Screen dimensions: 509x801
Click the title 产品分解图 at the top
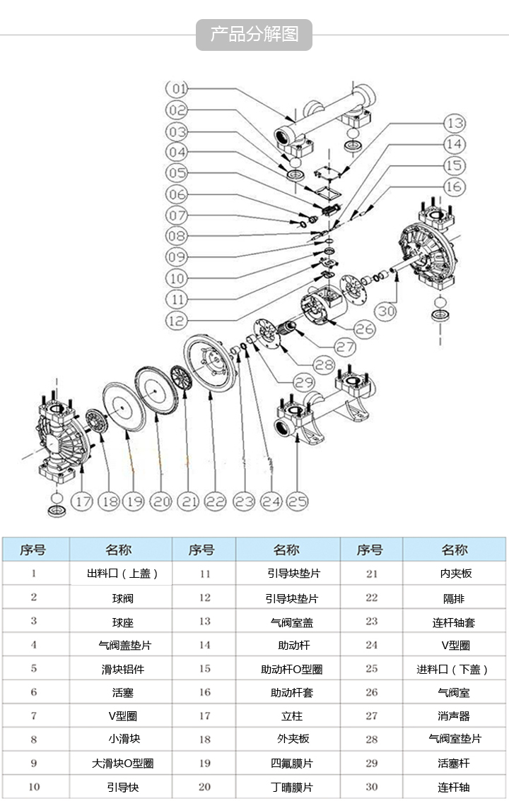point(254,34)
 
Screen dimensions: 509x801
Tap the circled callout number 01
point(177,88)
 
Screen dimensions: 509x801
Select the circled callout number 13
point(455,123)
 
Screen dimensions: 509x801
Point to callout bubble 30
point(386,311)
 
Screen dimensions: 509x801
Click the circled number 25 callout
point(298,502)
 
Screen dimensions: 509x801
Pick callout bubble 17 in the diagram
point(82,502)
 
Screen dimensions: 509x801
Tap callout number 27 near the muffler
point(345,348)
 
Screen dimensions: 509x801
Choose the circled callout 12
point(177,321)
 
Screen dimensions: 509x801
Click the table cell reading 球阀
point(122,598)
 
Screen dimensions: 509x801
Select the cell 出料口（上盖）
point(122,574)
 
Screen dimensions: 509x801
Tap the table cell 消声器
point(454,716)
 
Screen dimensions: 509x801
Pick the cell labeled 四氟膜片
point(291,763)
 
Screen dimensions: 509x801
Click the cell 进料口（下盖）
point(452,669)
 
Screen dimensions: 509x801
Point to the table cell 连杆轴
point(454,787)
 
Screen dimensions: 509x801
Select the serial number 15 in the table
point(204,669)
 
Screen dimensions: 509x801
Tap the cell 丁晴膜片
point(291,787)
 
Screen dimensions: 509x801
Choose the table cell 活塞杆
point(454,763)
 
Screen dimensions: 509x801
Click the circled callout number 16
point(455,187)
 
